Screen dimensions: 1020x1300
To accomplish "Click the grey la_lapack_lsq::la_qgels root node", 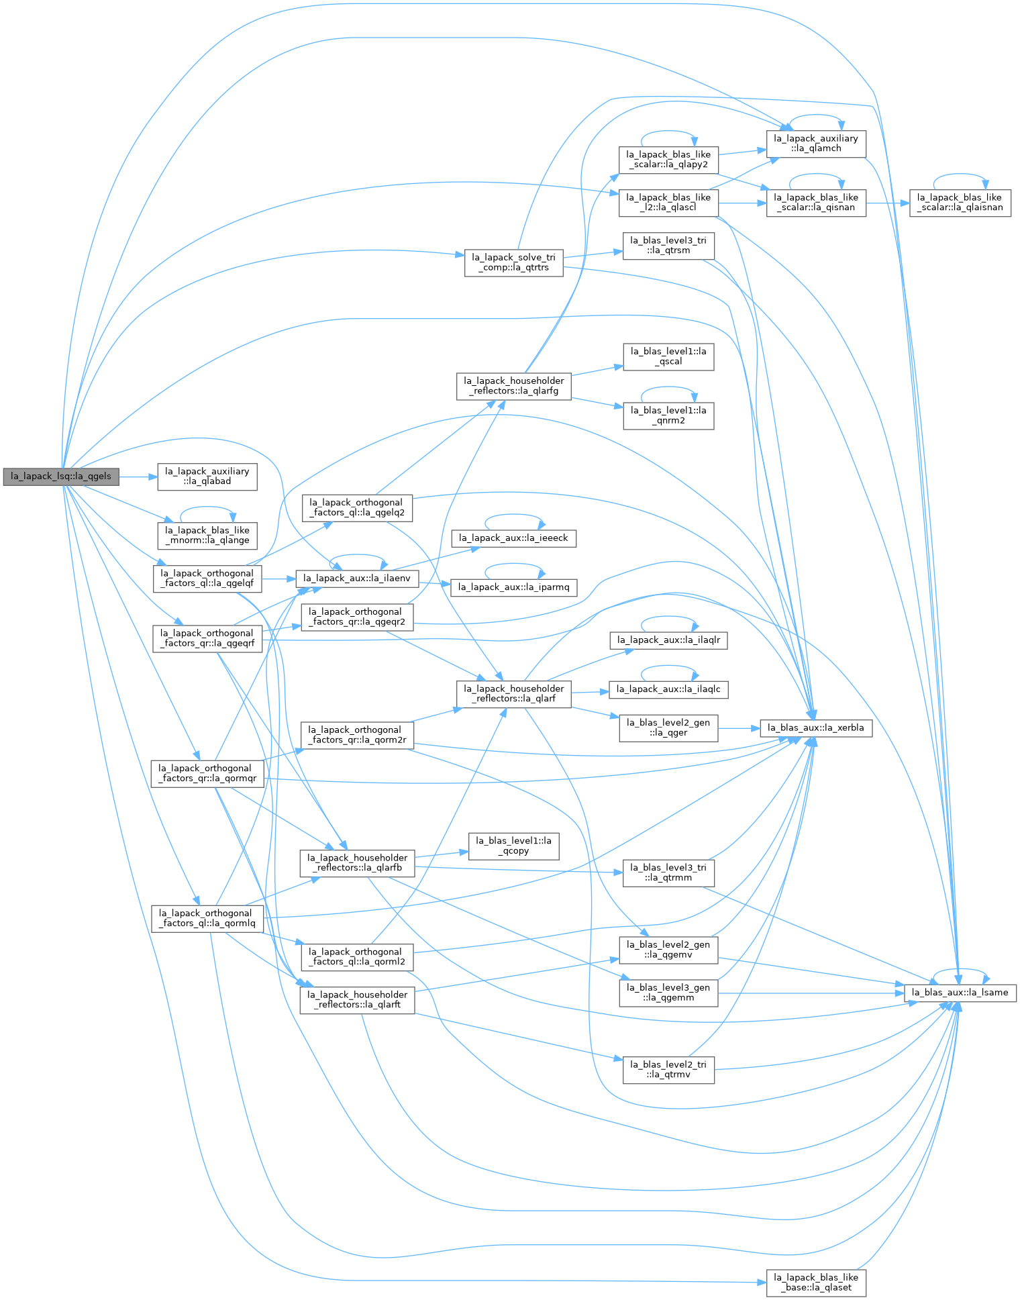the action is tap(61, 477).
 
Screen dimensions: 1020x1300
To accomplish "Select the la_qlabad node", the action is tap(207, 477).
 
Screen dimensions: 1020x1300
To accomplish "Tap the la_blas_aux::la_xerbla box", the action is tap(816, 728).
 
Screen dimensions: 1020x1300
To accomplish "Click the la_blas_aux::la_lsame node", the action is tap(960, 993).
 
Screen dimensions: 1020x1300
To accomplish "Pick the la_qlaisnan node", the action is tap(960, 203).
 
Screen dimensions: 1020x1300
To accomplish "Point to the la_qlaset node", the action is tap(816, 1283).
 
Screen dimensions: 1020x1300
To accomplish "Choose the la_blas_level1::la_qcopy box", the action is tap(513, 846).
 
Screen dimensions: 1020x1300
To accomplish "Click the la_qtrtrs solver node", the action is tap(513, 262).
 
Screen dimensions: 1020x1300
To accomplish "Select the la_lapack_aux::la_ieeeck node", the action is tap(513, 538).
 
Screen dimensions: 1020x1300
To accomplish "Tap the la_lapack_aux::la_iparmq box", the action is tap(513, 587).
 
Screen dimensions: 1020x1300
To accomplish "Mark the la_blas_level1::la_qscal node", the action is tap(668, 356).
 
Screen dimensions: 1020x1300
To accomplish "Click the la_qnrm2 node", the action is tap(668, 416).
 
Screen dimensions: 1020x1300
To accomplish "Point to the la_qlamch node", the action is tap(816, 144).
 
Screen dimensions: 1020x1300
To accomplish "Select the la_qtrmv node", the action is tap(668, 1070).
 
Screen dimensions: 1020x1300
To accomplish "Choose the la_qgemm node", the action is tap(668, 993).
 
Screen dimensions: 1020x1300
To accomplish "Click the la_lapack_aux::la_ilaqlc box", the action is tap(668, 689).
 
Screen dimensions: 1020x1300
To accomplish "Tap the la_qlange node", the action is tap(207, 536).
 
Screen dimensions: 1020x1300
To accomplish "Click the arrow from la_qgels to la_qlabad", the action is tap(138, 477).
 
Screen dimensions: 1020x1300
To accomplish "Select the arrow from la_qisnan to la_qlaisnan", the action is tap(888, 203).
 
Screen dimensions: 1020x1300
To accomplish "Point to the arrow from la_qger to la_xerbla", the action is tap(739, 728).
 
